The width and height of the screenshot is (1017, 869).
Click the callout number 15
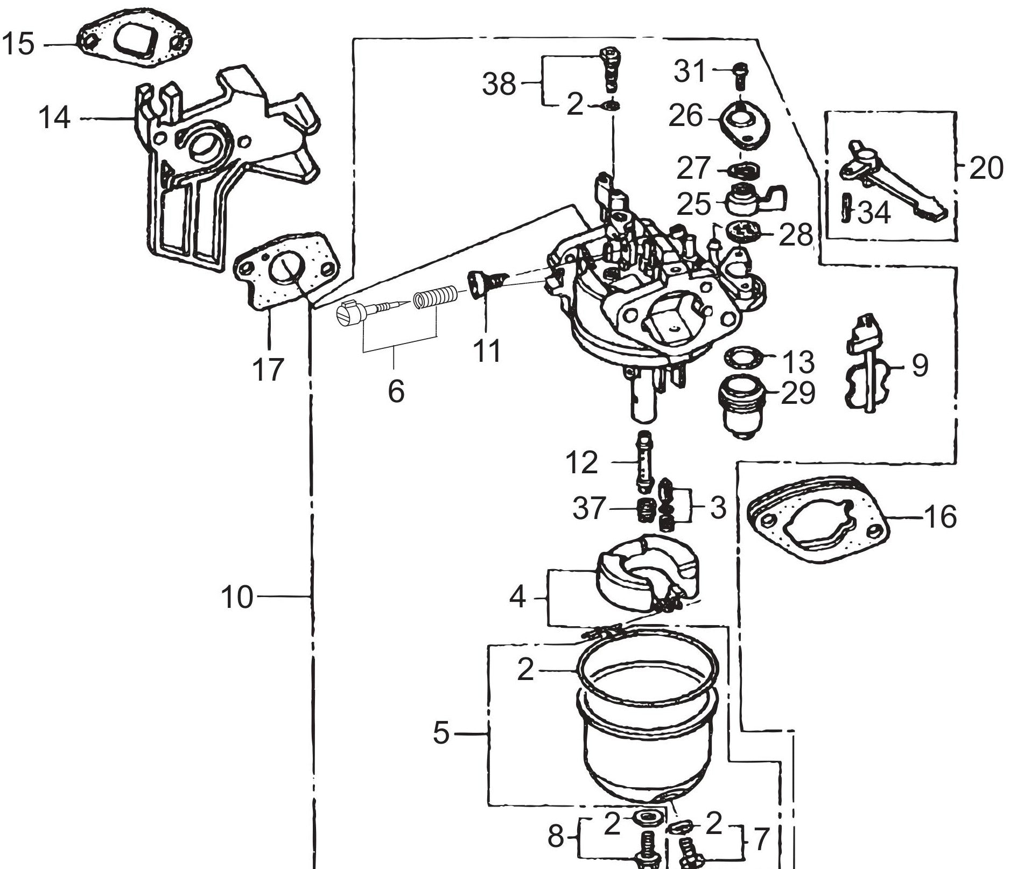18,44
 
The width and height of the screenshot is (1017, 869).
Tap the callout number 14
54,118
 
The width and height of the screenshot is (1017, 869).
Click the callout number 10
236,597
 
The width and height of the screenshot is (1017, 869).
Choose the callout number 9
920,366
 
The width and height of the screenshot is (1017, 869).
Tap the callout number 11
487,351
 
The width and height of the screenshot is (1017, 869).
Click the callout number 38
499,85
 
